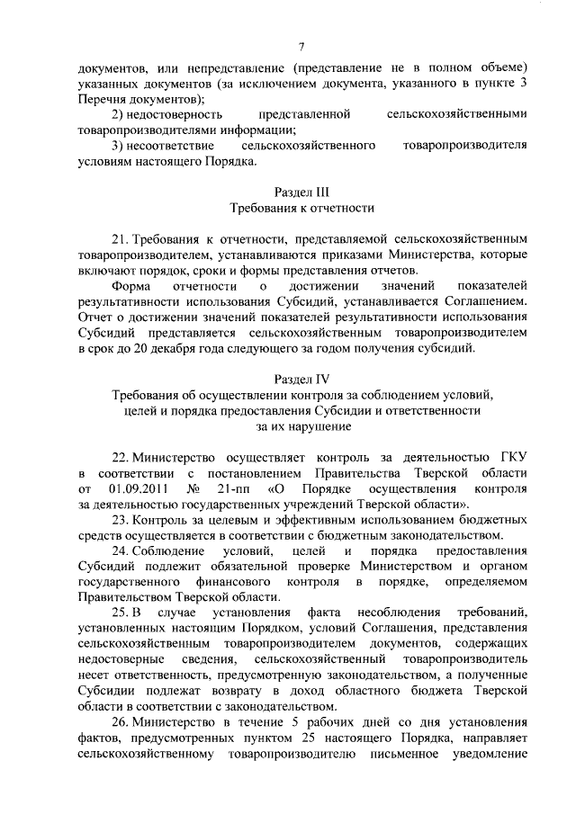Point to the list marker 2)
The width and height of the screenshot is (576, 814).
[x=118, y=114]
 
